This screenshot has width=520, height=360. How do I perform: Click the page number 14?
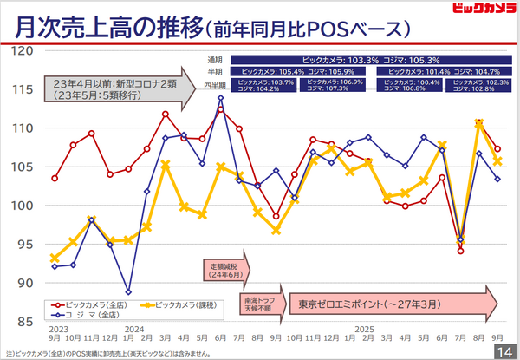[x=504, y=350]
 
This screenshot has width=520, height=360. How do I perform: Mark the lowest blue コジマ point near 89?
[x=128, y=292]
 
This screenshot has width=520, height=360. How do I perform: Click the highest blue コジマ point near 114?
[x=220, y=98]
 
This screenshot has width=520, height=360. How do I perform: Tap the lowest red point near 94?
[x=461, y=251]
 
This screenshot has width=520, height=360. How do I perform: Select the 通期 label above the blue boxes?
[x=214, y=59]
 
